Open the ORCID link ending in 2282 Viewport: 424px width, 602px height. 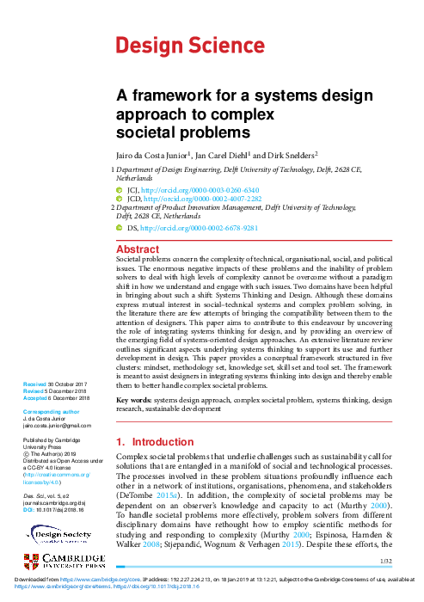[207, 200]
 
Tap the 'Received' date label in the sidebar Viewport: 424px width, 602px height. [35, 384]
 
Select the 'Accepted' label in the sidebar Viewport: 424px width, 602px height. [36, 398]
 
